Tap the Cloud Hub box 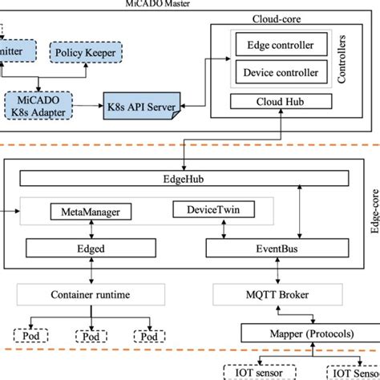280,102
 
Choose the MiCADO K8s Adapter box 38,105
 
